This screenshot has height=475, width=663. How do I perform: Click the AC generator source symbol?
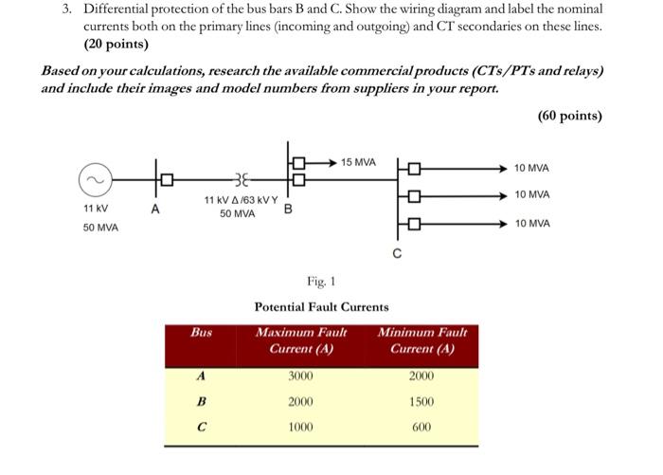[94, 177]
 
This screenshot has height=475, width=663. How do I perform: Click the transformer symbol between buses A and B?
[237, 177]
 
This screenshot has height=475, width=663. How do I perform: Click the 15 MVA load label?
[359, 163]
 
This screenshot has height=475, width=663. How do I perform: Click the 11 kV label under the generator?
[96, 208]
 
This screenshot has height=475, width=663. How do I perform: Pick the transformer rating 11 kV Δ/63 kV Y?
[241, 200]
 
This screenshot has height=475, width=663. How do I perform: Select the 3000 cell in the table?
[301, 376]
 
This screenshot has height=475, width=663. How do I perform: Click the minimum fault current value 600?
[421, 427]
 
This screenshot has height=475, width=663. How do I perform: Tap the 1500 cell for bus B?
[421, 402]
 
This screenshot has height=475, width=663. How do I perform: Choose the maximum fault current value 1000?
[301, 427]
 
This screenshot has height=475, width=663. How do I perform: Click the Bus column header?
[201, 333]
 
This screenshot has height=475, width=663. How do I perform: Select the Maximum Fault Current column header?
[301, 340]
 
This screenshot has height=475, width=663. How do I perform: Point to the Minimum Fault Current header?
[422, 340]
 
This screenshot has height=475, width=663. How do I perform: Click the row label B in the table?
[201, 402]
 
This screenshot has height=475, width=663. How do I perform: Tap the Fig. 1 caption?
[321, 281]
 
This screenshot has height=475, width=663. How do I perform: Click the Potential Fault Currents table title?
[321, 307]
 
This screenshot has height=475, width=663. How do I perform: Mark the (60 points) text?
[569, 116]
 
